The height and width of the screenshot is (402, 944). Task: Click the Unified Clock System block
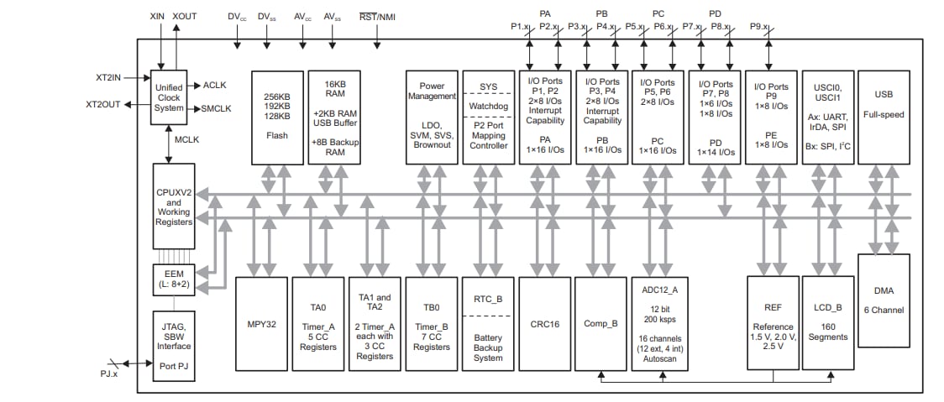(x=169, y=97)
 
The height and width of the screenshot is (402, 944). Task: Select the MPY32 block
(x=261, y=322)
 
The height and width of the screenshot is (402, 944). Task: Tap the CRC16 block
(x=544, y=322)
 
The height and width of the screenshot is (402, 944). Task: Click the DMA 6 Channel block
(x=883, y=300)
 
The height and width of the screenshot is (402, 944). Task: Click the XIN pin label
(x=157, y=16)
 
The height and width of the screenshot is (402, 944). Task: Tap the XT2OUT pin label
(x=105, y=105)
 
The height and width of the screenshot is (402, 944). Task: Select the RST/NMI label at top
(x=378, y=16)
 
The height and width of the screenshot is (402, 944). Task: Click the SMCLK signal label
(x=218, y=109)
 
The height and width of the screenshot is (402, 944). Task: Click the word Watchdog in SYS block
(x=488, y=107)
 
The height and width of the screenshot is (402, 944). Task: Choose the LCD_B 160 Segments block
(x=826, y=322)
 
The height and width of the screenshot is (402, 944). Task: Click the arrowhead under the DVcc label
(x=238, y=44)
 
